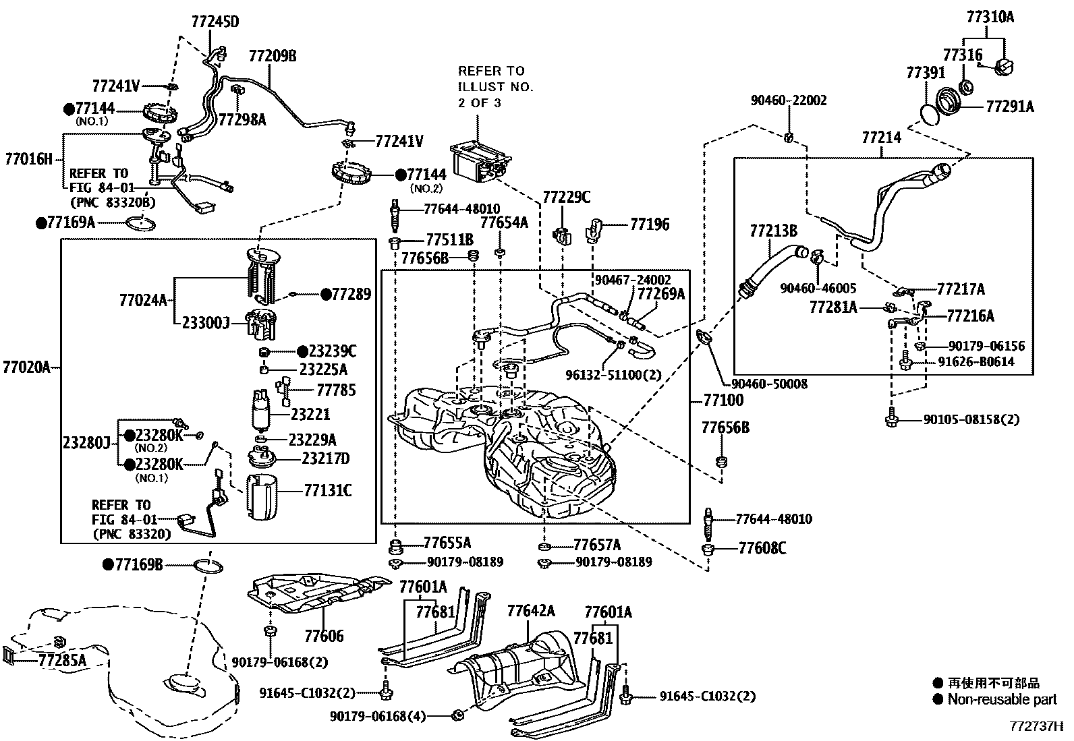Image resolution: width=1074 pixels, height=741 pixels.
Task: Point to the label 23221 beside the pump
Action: tap(310, 414)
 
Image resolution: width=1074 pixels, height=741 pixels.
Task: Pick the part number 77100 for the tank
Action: tap(723, 401)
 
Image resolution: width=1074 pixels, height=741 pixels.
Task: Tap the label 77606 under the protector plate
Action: tap(324, 636)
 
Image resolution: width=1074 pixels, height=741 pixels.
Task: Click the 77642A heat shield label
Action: tap(531, 611)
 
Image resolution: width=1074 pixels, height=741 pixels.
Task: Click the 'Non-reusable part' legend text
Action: tap(1002, 700)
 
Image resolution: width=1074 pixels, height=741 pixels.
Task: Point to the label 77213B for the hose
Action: tap(773, 231)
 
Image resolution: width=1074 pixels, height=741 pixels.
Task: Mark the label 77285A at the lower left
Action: tap(62, 660)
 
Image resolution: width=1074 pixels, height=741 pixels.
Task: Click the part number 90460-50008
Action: tap(769, 384)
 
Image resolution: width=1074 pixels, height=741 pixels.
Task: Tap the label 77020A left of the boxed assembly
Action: tap(26, 367)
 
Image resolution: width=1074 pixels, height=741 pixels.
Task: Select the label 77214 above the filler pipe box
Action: tap(881, 138)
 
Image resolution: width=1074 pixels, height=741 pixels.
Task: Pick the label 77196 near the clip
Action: tap(650, 225)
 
